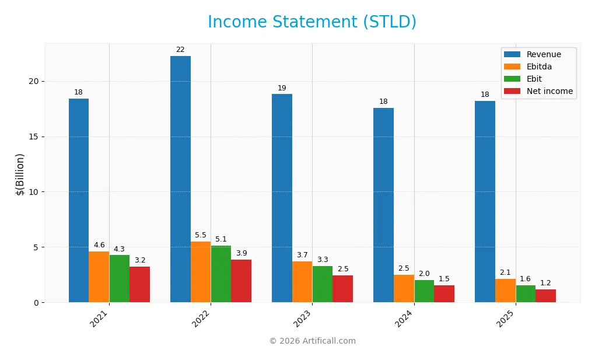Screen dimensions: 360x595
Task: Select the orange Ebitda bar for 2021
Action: pyautogui.click(x=99, y=277)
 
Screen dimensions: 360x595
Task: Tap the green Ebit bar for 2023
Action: pyautogui.click(x=323, y=284)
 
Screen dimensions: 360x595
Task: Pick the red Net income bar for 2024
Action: pyautogui.click(x=444, y=293)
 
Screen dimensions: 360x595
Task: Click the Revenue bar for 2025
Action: pyautogui.click(x=485, y=201)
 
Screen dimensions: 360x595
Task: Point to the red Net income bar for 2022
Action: pyautogui.click(x=241, y=281)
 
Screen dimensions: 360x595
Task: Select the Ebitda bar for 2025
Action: pyautogui.click(x=505, y=291)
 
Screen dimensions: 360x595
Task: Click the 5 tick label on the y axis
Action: pyautogui.click(x=36, y=247)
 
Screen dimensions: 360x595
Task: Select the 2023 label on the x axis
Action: pyautogui.click(x=303, y=319)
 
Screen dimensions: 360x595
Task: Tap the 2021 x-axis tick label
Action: pyautogui.click(x=100, y=319)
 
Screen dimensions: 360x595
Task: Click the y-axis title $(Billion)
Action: pyautogui.click(x=20, y=174)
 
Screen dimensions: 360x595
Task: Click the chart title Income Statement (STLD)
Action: pyautogui.click(x=312, y=22)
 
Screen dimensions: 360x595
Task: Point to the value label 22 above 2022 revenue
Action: pyautogui.click(x=180, y=50)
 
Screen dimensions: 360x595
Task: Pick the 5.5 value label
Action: pyautogui.click(x=201, y=235)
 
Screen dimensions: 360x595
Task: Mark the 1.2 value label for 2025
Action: pyautogui.click(x=545, y=283)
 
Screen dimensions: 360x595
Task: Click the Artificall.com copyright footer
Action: pyautogui.click(x=312, y=341)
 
